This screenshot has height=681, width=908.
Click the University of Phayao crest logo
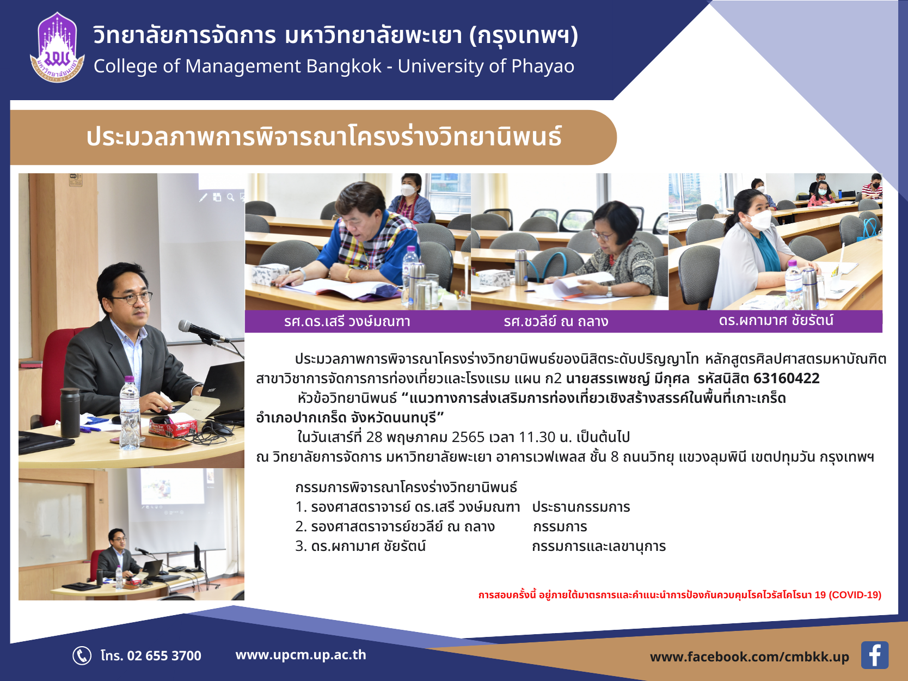tap(57, 47)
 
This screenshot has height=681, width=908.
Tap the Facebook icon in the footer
tap(874, 655)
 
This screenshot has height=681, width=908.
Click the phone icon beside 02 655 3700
tap(82, 655)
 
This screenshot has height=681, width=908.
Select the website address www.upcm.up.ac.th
tap(300, 655)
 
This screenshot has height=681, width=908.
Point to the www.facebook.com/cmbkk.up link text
tap(749, 657)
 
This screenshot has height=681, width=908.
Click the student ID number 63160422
tap(787, 378)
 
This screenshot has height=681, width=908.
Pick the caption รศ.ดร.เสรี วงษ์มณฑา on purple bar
tap(347, 322)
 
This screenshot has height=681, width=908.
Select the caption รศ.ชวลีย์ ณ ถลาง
tap(556, 322)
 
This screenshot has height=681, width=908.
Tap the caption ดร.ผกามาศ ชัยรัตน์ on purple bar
tap(776, 321)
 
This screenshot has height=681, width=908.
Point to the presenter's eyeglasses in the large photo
tap(132, 298)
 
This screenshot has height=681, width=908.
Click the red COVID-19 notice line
tap(680, 595)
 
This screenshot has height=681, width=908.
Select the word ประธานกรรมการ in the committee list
tap(581, 507)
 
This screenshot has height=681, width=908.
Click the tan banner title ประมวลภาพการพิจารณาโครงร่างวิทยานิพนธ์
tap(324, 137)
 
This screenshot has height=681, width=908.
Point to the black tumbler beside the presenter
tap(70, 412)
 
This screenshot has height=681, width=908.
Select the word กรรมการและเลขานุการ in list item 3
tap(599, 547)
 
